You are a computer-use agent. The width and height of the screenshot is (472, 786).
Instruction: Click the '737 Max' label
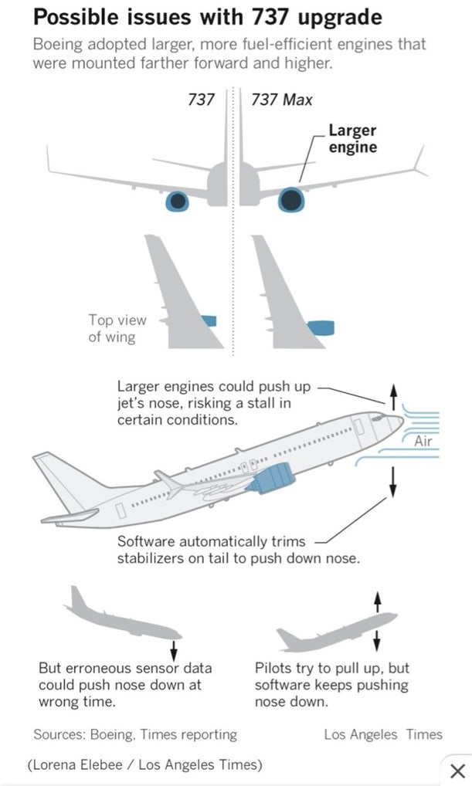point(282,100)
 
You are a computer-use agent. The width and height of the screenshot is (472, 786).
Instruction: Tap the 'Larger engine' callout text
point(352,138)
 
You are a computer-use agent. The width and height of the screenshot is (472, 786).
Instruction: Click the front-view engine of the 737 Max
point(291,200)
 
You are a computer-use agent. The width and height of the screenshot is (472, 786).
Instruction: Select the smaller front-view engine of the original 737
point(178,202)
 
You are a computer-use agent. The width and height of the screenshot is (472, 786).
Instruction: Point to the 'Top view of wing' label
point(117,328)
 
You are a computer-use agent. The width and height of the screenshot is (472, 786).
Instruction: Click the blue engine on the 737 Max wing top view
point(321,328)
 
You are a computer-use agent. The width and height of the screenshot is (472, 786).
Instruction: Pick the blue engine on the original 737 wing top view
point(209,320)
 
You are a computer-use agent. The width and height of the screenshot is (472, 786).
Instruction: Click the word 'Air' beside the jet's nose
point(423,442)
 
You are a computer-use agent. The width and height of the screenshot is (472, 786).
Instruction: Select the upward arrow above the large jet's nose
point(392,398)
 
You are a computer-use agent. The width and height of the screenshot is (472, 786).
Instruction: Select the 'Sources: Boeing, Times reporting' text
point(135,734)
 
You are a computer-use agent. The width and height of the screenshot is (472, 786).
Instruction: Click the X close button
point(457,770)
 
